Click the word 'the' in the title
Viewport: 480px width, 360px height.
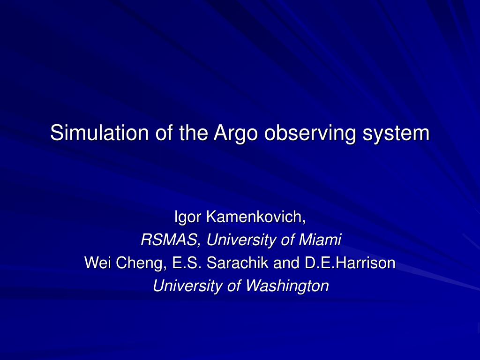[x=194, y=133]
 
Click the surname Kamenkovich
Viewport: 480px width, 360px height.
[x=256, y=217]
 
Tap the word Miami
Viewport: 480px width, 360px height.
[x=320, y=240]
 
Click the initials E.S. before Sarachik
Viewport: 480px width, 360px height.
[x=187, y=262]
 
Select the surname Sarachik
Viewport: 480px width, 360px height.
[x=238, y=262]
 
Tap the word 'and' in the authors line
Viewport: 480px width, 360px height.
[x=286, y=262]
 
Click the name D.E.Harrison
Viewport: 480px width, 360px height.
[x=350, y=262]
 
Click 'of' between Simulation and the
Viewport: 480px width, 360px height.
[x=164, y=133]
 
